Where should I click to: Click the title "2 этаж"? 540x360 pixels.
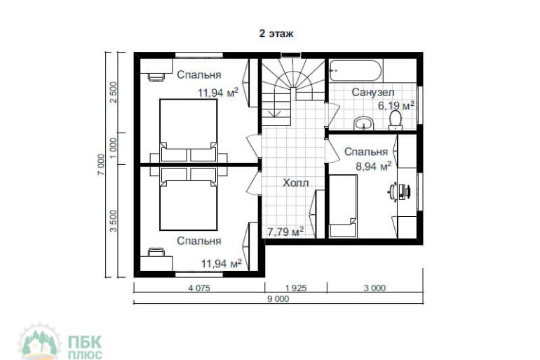tap(276, 34)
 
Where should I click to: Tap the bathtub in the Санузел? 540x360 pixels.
tap(356, 71)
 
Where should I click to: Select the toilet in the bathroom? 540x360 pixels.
tap(396, 120)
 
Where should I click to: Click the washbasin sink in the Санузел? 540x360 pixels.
tap(364, 124)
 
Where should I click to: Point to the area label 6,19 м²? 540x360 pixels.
tap(396, 105)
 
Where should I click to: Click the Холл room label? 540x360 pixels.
tap(296, 182)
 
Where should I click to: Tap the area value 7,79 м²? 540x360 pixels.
tap(285, 232)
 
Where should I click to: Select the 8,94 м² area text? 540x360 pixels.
tap(374, 166)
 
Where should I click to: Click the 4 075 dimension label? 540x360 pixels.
tap(199, 288)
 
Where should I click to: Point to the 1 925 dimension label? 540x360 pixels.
tap(296, 288)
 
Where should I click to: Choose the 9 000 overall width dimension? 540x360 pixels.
tap(278, 299)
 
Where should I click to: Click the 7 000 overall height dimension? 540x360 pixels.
tap(101, 164)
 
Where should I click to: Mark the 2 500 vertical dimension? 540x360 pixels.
tap(114, 92)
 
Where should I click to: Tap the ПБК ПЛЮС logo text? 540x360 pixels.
tap(85, 347)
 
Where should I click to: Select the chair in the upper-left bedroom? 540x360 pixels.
tap(156, 77)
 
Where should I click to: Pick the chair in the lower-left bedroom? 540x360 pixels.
tap(156, 252)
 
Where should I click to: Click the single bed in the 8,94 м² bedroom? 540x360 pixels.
tap(343, 206)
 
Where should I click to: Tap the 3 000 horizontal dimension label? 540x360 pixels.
tap(374, 288)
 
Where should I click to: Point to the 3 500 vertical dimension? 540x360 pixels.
tap(114, 221)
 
